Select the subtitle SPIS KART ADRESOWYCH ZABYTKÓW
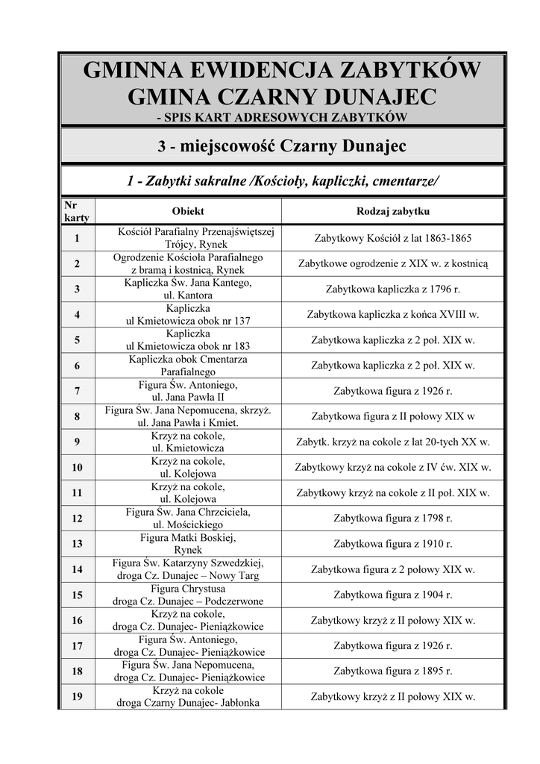coord(282,117)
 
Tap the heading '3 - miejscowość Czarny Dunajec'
coord(282,146)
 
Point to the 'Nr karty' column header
coord(76,211)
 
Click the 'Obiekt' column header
coord(188,211)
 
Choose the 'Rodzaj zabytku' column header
coord(392,211)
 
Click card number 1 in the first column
coord(78,239)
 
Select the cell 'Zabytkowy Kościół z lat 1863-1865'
coord(392,239)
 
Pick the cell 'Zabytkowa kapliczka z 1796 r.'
coord(392,289)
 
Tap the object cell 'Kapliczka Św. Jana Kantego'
coord(188,289)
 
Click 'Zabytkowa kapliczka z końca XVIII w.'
coord(392,315)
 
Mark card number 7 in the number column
coord(78,391)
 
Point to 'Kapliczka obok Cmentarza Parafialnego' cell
coord(188,366)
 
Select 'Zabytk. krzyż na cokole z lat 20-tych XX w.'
coord(392,442)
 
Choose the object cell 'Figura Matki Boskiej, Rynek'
coord(188,544)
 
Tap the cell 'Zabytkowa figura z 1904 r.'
coord(392,595)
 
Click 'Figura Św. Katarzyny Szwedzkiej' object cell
coord(188,569)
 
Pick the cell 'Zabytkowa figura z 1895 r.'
coord(392,671)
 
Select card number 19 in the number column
coord(78,697)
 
